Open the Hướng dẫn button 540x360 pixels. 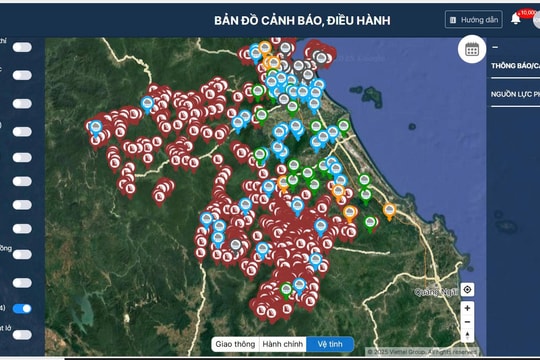(x=474, y=19)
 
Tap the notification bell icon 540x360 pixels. (x=516, y=18)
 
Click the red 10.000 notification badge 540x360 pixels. (x=527, y=12)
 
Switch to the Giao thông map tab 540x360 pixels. (x=234, y=344)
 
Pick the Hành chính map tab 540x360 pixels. (x=282, y=344)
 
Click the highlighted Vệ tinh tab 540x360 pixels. (x=330, y=344)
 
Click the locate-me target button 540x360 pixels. (x=468, y=290)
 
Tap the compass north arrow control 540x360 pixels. (x=468, y=323)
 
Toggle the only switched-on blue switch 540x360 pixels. (x=21, y=309)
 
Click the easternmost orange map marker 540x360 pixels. (x=389, y=211)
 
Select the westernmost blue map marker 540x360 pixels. (x=96, y=128)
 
